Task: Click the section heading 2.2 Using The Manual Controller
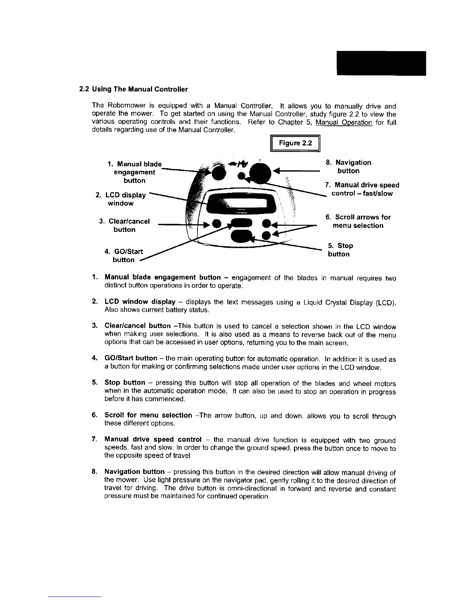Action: point(133,90)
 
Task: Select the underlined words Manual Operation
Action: point(344,122)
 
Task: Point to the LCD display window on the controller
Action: point(242,204)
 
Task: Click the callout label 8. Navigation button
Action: point(348,167)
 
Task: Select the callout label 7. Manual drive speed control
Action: point(362,189)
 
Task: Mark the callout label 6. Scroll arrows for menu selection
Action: point(358,221)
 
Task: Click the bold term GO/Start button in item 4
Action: point(131,358)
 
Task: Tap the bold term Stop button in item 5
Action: point(125,383)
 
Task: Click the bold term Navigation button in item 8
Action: point(134,472)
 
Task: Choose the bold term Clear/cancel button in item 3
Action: point(137,326)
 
